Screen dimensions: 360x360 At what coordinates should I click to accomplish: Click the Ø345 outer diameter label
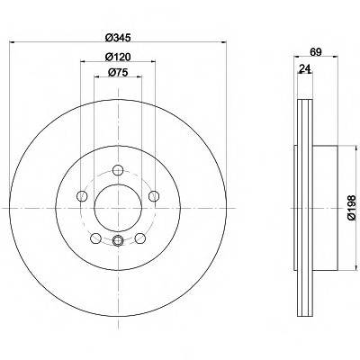(x=119, y=38)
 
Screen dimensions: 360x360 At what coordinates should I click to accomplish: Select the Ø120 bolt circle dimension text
(x=119, y=58)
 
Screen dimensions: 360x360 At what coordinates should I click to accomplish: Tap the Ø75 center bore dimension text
(x=119, y=75)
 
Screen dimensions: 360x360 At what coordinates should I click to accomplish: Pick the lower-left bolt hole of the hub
(x=95, y=238)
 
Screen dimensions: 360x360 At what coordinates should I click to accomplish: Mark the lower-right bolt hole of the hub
(x=141, y=238)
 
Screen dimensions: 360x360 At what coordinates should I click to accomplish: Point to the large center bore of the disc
(x=119, y=206)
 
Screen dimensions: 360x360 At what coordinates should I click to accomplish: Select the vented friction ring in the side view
(x=301, y=205)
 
